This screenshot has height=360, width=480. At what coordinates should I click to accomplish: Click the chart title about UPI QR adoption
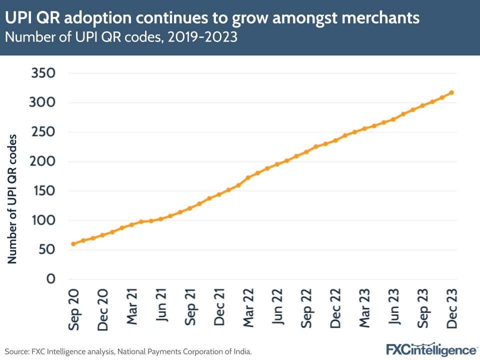point(212,18)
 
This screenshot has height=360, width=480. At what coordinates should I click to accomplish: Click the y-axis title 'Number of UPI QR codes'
point(12,198)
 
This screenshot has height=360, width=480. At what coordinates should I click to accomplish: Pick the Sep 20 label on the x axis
point(73,308)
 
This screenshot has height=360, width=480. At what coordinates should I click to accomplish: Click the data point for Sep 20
point(73,244)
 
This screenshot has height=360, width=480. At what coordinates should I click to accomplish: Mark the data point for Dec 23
point(451,92)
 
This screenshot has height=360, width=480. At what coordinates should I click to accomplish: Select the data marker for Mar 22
point(248,177)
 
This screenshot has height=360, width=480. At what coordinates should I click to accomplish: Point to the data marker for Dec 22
point(335,140)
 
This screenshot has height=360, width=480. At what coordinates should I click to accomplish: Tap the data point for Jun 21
point(160,219)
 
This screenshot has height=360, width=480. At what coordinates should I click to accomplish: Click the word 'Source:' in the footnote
point(16,352)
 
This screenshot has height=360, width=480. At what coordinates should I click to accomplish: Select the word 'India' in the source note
point(241,352)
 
